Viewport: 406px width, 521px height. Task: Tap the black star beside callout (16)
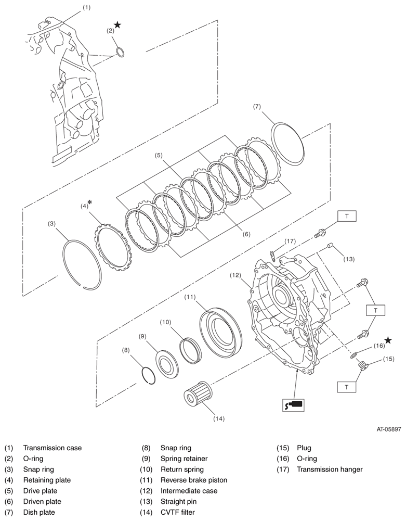point(388,340)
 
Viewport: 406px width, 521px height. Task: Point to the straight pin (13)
point(329,246)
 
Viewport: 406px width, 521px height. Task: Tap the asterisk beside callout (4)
point(90,201)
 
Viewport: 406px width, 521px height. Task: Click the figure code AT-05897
point(389,430)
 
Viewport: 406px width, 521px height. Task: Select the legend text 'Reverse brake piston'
point(194,480)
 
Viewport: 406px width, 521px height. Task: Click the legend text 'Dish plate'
point(39,512)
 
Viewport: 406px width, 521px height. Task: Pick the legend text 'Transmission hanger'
point(330,469)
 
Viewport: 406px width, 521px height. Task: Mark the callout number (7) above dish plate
point(257,107)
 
